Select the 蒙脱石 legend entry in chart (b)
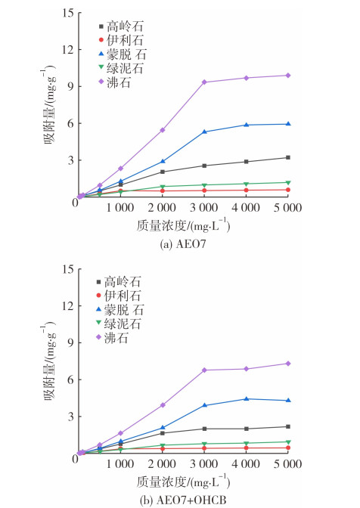pos(120,310)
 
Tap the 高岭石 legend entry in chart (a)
pos(121,26)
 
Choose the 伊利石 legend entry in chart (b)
pos(119,296)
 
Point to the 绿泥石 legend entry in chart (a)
pos(121,68)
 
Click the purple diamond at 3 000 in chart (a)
pos(204,82)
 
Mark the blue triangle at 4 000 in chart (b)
pos(247,399)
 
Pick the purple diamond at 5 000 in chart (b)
pos(287,364)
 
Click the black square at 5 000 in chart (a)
pos(287,157)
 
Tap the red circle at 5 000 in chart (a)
pos(287,190)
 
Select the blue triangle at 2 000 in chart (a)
pos(163,161)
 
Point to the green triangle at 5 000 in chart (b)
pos(287,442)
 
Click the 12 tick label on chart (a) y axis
pos(68,50)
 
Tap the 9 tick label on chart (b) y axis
pos(70,342)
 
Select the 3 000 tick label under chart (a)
pos(203,208)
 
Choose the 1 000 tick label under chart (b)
pos(120,463)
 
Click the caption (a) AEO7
pos(183,244)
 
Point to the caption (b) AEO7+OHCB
pos(183,500)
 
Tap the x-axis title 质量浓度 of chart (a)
pos(162,226)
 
